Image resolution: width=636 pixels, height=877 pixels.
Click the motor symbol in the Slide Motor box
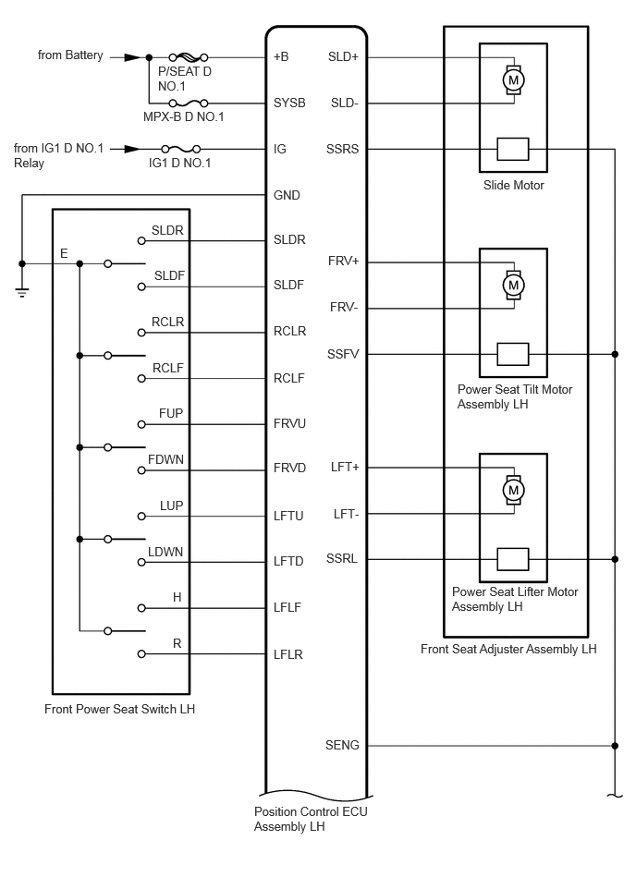tap(513, 80)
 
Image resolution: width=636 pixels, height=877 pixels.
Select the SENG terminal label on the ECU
tap(343, 746)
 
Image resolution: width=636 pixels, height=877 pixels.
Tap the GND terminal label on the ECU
tap(287, 196)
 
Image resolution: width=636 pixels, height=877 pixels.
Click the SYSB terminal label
tap(289, 104)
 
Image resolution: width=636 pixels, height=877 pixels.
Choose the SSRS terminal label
tap(343, 149)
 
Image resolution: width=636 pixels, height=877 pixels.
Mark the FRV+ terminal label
tap(343, 262)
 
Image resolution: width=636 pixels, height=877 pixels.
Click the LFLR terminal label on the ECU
tap(288, 655)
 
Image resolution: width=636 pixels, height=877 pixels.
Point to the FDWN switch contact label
tap(165, 458)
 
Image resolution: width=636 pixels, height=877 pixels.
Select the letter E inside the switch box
tap(64, 252)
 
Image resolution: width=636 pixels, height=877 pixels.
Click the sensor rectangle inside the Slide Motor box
tap(513, 149)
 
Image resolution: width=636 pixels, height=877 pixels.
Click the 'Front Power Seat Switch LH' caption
tap(119, 710)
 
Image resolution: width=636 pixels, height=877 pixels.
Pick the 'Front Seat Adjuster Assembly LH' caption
tap(508, 650)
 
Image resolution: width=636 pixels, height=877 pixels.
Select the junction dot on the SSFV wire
tap(615, 354)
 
